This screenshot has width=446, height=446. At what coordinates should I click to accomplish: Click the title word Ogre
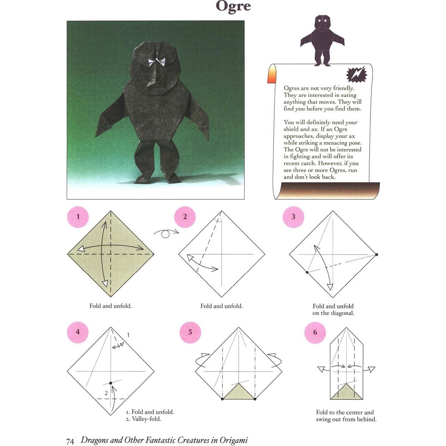(x=233, y=6)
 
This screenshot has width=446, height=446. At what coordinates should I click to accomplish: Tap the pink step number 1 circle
(x=78, y=217)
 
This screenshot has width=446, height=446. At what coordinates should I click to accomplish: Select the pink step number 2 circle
(x=185, y=217)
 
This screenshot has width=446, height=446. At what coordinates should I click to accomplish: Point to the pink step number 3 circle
(x=293, y=217)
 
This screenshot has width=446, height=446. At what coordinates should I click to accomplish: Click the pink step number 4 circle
(x=78, y=332)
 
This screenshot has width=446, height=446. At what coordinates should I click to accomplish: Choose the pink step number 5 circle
(x=190, y=332)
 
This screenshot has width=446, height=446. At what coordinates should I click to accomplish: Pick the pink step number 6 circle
(x=315, y=333)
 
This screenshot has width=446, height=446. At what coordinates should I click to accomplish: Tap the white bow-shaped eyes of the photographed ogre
(x=156, y=62)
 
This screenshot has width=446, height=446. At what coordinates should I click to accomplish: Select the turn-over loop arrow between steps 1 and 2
(x=166, y=233)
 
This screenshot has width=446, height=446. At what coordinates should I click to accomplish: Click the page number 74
(x=70, y=441)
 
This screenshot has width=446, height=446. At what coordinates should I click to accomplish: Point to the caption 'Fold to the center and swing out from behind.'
(x=346, y=416)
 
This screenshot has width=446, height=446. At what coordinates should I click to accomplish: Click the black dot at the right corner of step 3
(x=377, y=255)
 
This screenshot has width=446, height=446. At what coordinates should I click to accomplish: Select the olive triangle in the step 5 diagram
(x=239, y=392)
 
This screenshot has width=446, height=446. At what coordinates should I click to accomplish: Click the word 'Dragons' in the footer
(x=95, y=440)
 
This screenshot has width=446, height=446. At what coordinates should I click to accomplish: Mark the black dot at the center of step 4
(x=110, y=383)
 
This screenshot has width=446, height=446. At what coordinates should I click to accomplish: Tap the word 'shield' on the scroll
(x=292, y=129)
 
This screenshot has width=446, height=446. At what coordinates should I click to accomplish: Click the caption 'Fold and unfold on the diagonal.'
(x=333, y=309)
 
